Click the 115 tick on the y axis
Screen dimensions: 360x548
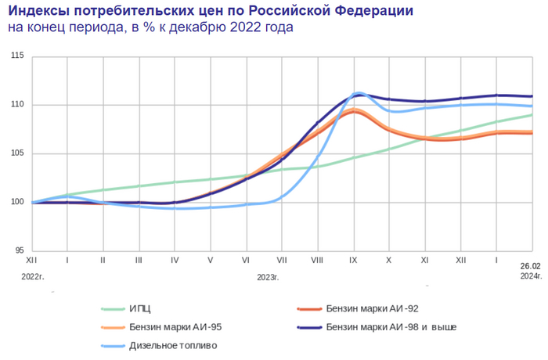[x=16, y=56]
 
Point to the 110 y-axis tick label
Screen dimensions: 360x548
[x=16, y=105]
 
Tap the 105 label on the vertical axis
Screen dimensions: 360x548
[x=16, y=153]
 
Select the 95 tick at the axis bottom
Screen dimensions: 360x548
[x=19, y=250]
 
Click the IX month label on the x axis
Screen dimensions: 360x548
[x=353, y=258]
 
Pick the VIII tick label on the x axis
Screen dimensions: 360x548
[x=317, y=258]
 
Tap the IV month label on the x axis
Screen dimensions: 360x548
[x=175, y=258]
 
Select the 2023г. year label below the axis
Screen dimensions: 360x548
[x=268, y=276]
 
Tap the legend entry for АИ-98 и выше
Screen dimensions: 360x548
[x=391, y=326]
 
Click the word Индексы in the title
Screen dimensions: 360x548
[x=42, y=12]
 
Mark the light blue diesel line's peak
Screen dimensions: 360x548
[x=359, y=92]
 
